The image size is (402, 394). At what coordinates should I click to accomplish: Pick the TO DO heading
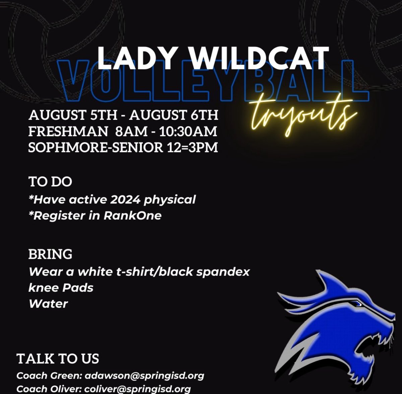[x=50, y=182]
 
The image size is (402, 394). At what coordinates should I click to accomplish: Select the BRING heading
[x=50, y=254]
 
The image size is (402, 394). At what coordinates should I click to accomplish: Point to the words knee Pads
[x=61, y=287]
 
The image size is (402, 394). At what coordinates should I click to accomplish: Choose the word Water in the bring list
[x=48, y=304]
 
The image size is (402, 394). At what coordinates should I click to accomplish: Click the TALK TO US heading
[x=58, y=359]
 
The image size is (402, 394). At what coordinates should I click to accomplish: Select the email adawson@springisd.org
[x=144, y=376]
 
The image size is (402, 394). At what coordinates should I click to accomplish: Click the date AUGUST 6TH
[x=174, y=115]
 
